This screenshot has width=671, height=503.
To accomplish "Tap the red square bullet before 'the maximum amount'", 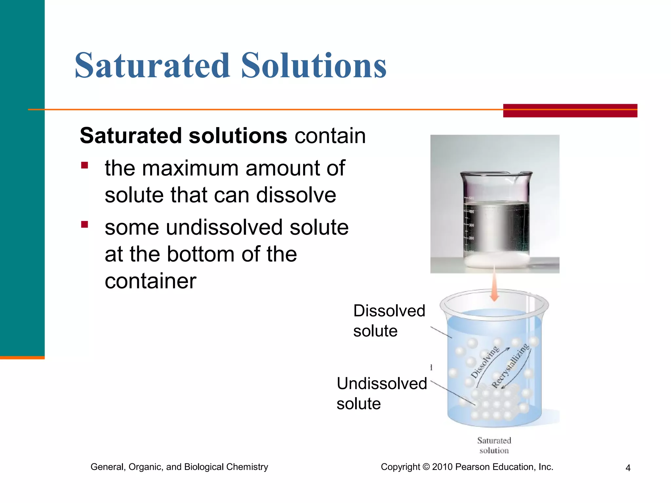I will tap(85, 165).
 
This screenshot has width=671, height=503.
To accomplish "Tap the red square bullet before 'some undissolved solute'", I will tap(85, 224).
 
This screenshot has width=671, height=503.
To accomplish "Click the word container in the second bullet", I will tap(150, 281).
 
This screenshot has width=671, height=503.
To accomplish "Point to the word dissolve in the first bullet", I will tap(296, 196).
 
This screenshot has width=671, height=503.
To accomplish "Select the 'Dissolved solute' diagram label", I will tap(389, 320).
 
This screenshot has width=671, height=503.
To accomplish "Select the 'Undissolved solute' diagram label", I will tap(382, 393).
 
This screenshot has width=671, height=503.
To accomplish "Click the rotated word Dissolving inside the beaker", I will tap(485, 362).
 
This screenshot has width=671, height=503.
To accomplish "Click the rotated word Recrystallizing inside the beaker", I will tap(510, 366).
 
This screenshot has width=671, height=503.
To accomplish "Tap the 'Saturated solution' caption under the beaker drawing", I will tap(494, 445).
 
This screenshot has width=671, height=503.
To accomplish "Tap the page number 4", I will tap(628, 468).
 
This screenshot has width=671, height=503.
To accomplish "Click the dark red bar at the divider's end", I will tap(570, 110).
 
